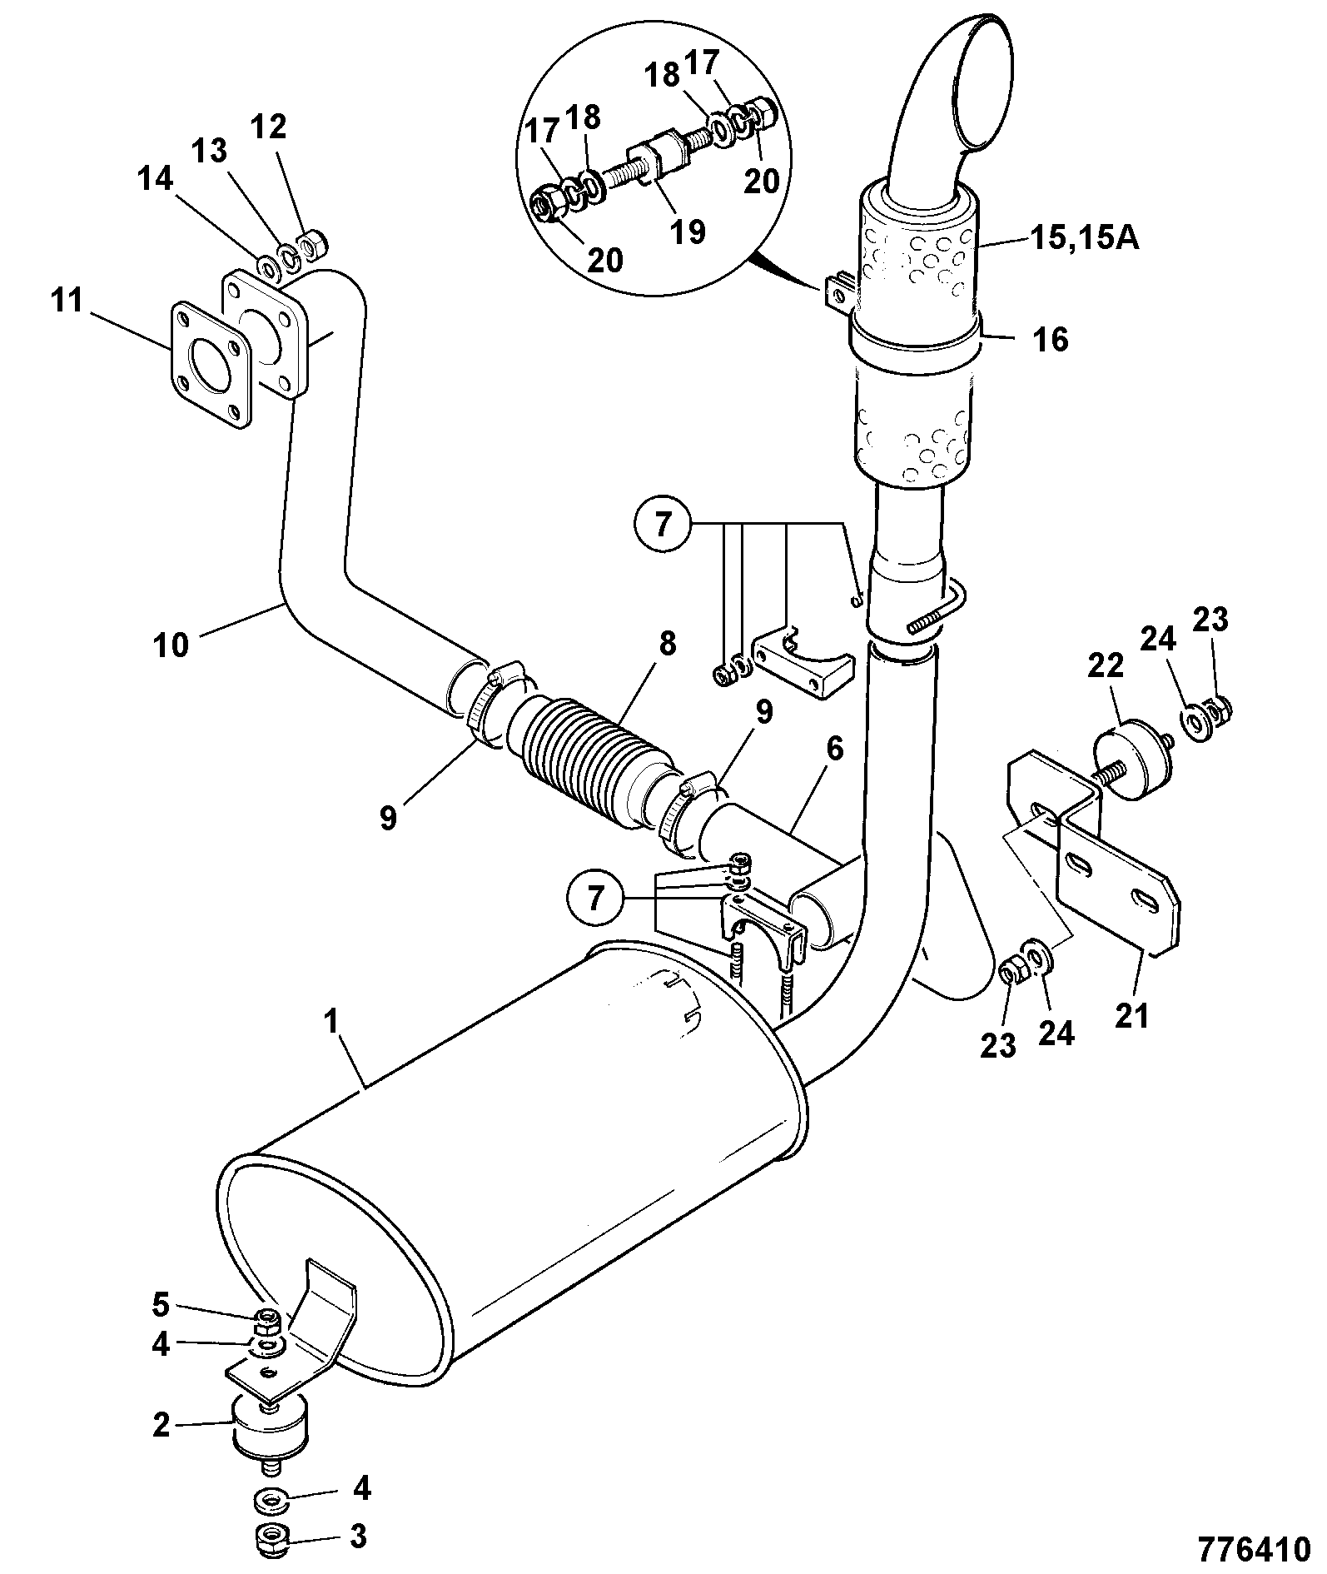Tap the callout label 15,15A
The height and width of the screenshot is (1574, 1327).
(x=1084, y=239)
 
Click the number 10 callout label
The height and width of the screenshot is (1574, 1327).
(x=171, y=645)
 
